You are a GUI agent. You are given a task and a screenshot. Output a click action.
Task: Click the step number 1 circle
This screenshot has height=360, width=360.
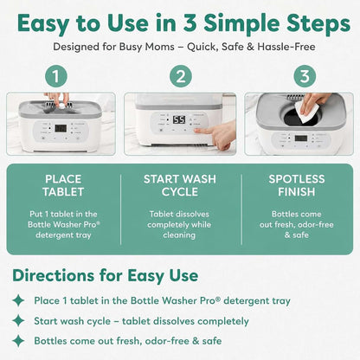[56, 76]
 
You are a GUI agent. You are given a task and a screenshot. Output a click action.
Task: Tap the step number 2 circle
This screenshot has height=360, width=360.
[181, 76]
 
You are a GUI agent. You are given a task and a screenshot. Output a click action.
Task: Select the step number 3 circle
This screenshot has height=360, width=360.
[305, 76]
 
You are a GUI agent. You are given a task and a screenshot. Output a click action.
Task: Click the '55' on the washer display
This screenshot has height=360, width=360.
[179, 119]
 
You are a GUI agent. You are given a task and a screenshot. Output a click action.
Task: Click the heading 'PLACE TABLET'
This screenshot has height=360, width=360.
[63, 185]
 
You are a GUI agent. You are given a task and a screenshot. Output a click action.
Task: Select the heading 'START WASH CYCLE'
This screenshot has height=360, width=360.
[180, 185]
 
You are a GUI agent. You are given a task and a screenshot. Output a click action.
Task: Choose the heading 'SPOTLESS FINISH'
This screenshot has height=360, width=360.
[297, 185]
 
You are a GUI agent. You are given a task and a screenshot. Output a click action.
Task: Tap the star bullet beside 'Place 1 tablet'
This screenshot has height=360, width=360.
[18, 300]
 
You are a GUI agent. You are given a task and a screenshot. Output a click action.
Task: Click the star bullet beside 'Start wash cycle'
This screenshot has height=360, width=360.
[18, 320]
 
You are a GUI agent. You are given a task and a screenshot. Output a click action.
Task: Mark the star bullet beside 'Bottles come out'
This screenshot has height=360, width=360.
[18, 341]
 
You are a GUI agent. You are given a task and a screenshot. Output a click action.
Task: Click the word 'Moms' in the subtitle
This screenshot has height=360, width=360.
[160, 47]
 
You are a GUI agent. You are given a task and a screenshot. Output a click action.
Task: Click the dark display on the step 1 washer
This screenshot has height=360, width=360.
[61, 129]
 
